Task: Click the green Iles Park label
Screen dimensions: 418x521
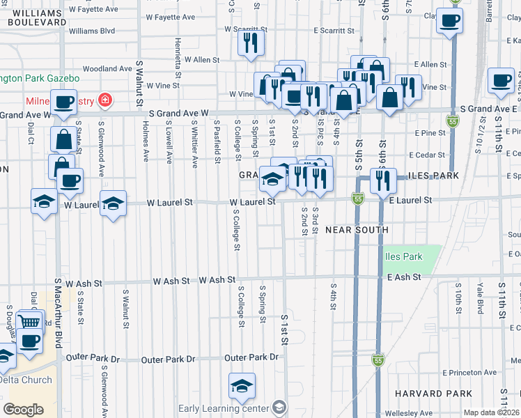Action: (403, 256)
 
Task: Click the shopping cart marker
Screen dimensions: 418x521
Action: (30, 321)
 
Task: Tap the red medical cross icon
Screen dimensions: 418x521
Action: (104, 101)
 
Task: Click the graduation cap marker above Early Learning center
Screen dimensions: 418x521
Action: (242, 385)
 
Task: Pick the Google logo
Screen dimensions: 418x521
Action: (23, 410)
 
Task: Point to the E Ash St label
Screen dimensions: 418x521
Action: (405, 277)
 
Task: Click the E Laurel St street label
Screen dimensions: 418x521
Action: (411, 200)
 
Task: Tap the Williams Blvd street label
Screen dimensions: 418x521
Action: (92, 31)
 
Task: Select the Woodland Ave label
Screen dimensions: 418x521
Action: (107, 69)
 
